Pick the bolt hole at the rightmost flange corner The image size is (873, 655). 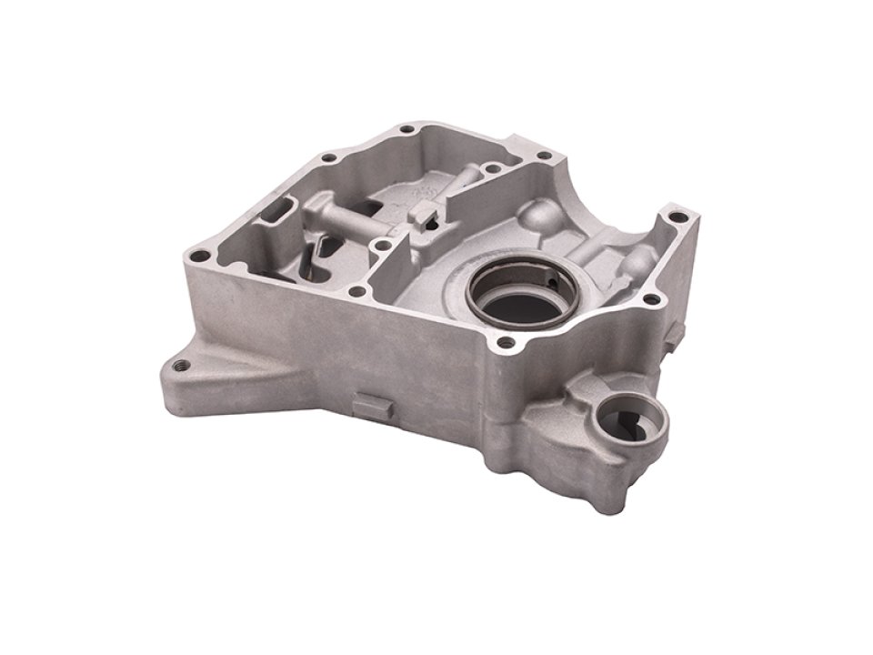click(x=674, y=217)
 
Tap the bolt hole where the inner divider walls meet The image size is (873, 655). click(x=385, y=244)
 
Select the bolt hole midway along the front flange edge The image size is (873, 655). click(x=357, y=292)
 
